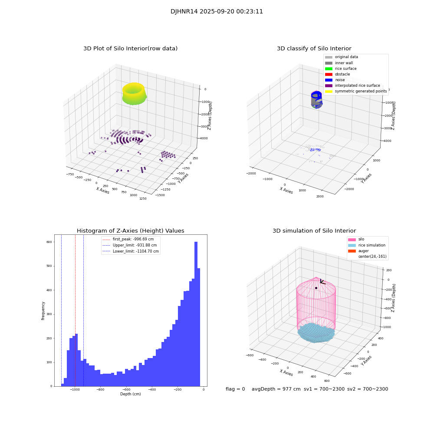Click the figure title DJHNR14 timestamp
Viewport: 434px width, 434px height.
pyautogui.click(x=217, y=12)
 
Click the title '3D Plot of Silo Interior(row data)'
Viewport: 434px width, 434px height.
pyautogui.click(x=130, y=49)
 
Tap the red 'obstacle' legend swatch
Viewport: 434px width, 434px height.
pyautogui.click(x=329, y=74)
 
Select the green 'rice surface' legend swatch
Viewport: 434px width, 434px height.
pyautogui.click(x=329, y=69)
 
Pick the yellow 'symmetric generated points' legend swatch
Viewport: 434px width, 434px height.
pyautogui.click(x=329, y=92)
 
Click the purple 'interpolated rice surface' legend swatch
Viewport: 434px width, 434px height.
pyautogui.click(x=329, y=85)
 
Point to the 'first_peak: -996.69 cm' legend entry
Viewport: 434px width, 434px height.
pyautogui.click(x=133, y=239)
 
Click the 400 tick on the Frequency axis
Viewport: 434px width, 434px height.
pyautogui.click(x=49, y=290)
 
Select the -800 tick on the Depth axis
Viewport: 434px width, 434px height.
pyautogui.click(x=101, y=390)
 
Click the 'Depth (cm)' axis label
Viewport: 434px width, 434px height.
pyautogui.click(x=131, y=394)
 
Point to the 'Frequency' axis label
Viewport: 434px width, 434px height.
pyautogui.click(x=43, y=310)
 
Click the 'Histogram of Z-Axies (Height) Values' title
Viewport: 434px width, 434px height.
pyautogui.click(x=130, y=231)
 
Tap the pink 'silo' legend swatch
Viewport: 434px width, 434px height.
pyautogui.click(x=351, y=239)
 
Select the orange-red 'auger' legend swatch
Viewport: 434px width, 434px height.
pyautogui.click(x=351, y=251)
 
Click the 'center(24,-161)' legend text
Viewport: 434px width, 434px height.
pyautogui.click(x=372, y=256)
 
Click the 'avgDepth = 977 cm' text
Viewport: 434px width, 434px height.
pyautogui.click(x=276, y=389)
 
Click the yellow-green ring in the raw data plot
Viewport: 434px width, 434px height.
pyautogui.click(x=134, y=94)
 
